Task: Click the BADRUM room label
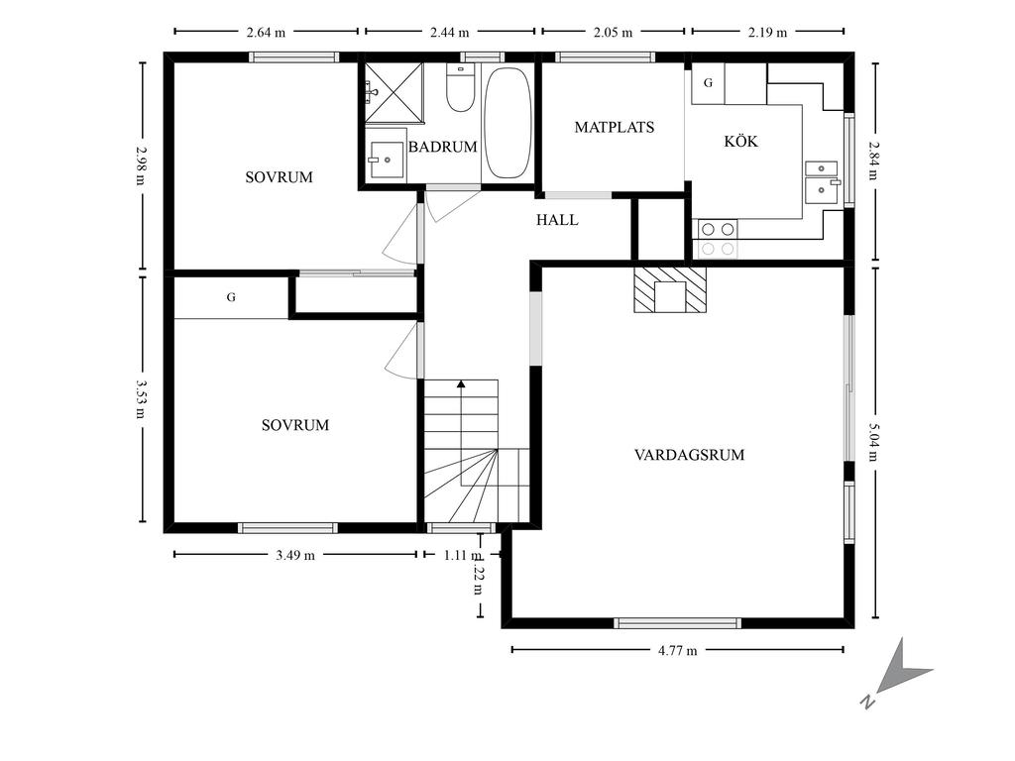pyautogui.click(x=443, y=147)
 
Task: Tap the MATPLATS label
pyautogui.click(x=615, y=128)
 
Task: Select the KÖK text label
pyautogui.click(x=740, y=141)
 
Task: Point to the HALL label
pyautogui.click(x=557, y=220)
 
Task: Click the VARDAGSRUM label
pyautogui.click(x=690, y=455)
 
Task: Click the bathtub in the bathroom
pyautogui.click(x=508, y=123)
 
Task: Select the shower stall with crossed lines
pyautogui.click(x=394, y=92)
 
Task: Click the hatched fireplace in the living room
pyautogui.click(x=670, y=289)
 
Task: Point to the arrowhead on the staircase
pyautogui.click(x=461, y=384)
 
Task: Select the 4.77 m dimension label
pyautogui.click(x=677, y=651)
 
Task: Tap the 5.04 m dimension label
pyautogui.click(x=873, y=442)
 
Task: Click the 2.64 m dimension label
pyautogui.click(x=266, y=33)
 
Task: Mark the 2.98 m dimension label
pyautogui.click(x=141, y=164)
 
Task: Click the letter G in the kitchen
pyautogui.click(x=708, y=83)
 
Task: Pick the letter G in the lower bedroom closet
pyautogui.click(x=231, y=297)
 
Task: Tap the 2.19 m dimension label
pyautogui.click(x=768, y=33)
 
